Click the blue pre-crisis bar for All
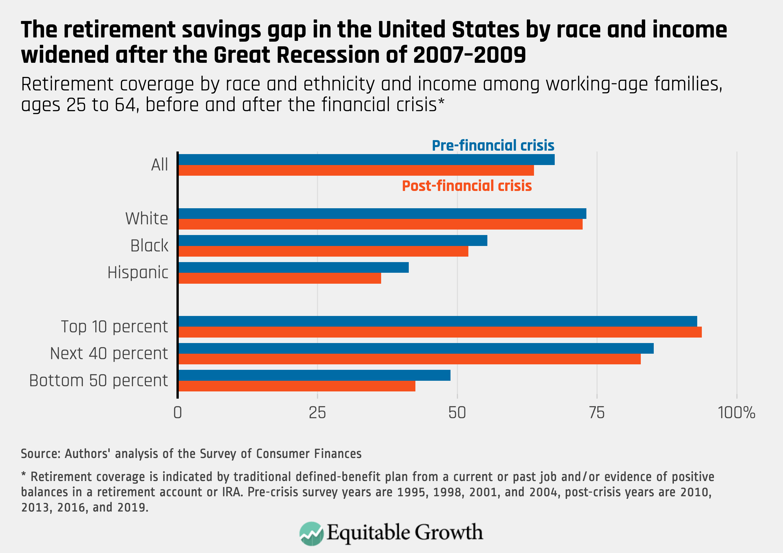pos(366,160)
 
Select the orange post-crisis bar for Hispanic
pos(280,278)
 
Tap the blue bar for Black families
pos(333,240)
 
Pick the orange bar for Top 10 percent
pos(440,332)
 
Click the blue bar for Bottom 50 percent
pos(314,375)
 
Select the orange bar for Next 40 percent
pos(409,359)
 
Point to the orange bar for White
pos(380,224)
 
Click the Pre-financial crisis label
pos(493,145)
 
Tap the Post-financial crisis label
pos(467,186)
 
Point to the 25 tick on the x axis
pos(317,413)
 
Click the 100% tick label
pos(737,413)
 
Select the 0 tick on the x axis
pos(177,413)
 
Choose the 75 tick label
pos(597,413)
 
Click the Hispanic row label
pos(138,272)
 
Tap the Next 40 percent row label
pos(109,353)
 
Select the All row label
pos(159,165)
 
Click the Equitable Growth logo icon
pos(311,533)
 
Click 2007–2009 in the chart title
pos(469,55)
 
